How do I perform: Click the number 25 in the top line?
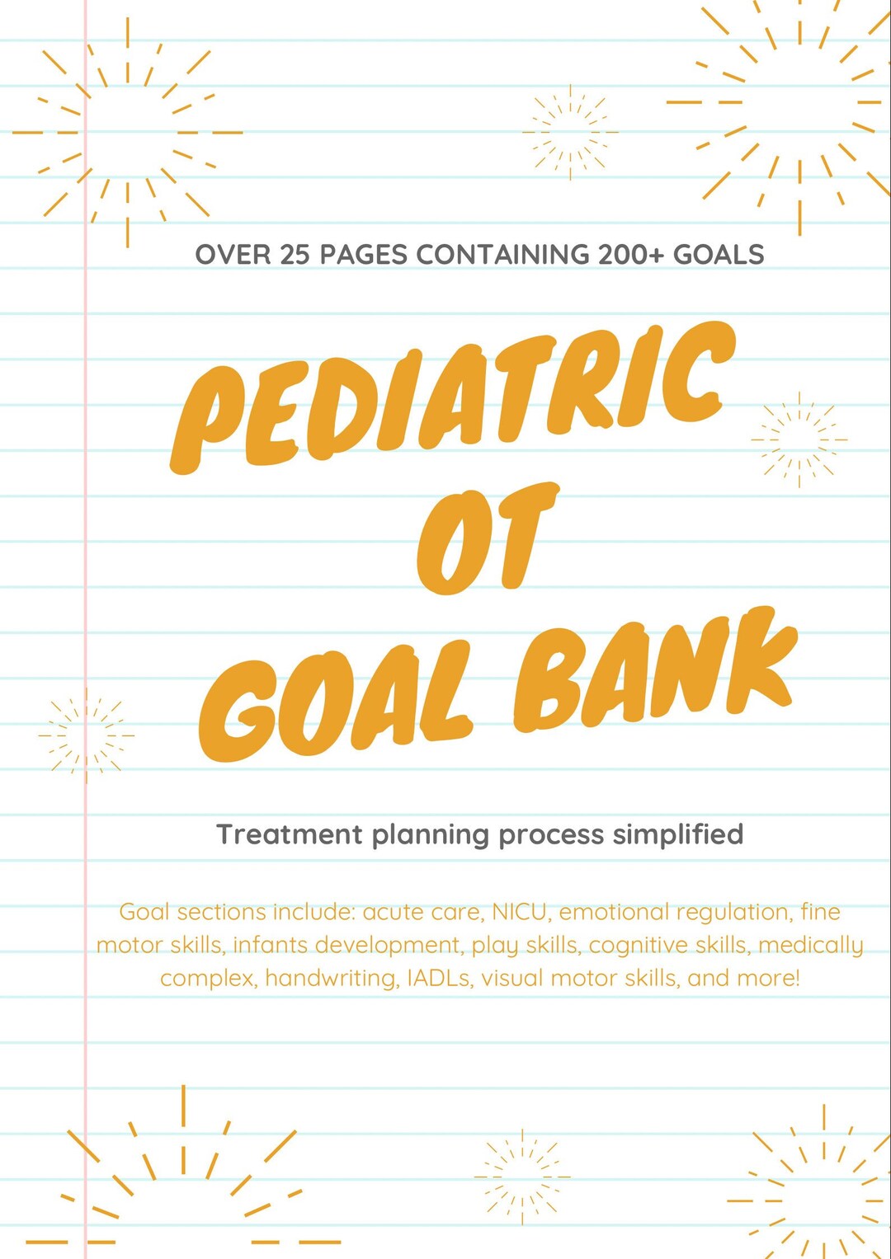tap(295, 255)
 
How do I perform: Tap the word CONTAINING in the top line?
tap(502, 255)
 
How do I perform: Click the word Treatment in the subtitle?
tap(290, 834)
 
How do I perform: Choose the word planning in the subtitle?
tap(431, 836)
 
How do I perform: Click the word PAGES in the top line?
tap(364, 255)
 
